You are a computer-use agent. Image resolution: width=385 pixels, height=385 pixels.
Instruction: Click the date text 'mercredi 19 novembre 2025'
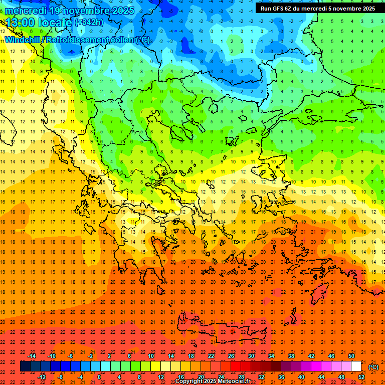coord(69,11)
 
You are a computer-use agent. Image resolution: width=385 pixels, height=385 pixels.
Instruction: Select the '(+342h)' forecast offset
coord(89,23)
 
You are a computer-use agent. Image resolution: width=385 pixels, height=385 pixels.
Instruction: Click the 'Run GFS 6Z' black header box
coord(317,9)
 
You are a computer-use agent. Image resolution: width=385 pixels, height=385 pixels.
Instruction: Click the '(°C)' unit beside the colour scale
coord(373,367)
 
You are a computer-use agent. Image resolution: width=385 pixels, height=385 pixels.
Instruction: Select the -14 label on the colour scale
coord(32,356)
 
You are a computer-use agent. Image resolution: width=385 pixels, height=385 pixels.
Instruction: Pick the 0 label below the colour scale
coord(99,377)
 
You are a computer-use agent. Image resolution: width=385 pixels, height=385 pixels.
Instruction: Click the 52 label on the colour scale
coord(361,377)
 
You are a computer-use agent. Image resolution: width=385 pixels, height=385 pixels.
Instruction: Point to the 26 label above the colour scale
coord(231,356)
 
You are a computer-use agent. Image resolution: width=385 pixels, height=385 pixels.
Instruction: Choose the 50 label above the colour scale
coord(351,356)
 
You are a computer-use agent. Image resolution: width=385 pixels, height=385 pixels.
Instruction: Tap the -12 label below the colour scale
coord(42,377)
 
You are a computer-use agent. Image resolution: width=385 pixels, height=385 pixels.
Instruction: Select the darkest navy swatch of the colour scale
coord(26,366)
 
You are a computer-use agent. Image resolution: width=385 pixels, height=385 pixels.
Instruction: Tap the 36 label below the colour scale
coord(281,377)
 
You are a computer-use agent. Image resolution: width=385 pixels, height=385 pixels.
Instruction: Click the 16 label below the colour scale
coord(180,377)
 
